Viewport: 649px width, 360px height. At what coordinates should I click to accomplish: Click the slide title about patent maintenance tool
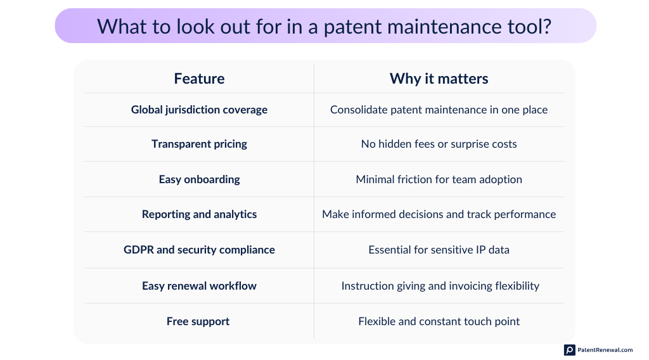pos(324,26)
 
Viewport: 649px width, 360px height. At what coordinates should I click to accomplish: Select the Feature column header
pos(199,79)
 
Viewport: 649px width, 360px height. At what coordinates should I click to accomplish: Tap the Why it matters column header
pos(439,79)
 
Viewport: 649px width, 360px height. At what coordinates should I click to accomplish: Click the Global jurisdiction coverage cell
pos(199,110)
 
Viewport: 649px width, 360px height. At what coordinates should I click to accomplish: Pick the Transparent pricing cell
pos(199,144)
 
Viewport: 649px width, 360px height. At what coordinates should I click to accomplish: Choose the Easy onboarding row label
pos(199,179)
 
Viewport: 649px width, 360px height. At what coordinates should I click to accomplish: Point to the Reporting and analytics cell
pos(199,214)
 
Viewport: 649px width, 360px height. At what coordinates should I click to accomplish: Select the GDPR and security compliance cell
pos(199,250)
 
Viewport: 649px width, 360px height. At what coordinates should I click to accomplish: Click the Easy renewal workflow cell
pos(199,286)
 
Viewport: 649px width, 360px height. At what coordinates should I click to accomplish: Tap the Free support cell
pos(198,321)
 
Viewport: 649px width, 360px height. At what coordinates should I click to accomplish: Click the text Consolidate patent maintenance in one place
pos(439,110)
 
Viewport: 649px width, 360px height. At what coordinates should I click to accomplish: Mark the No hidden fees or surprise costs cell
pos(439,144)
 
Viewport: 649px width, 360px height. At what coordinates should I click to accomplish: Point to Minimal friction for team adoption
pos(439,179)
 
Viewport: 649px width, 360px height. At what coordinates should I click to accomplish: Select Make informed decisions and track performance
pos(439,214)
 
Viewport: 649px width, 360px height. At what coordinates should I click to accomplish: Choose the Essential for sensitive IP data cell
pos(439,250)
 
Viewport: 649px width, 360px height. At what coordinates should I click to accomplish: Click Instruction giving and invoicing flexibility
pos(440,286)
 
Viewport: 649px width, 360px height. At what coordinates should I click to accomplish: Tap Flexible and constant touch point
pos(439,321)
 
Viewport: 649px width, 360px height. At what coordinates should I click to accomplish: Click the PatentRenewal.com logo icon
pos(570,350)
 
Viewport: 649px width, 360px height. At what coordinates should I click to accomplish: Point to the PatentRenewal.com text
pos(605,350)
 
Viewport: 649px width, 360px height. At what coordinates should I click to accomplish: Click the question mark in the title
pos(545,26)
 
